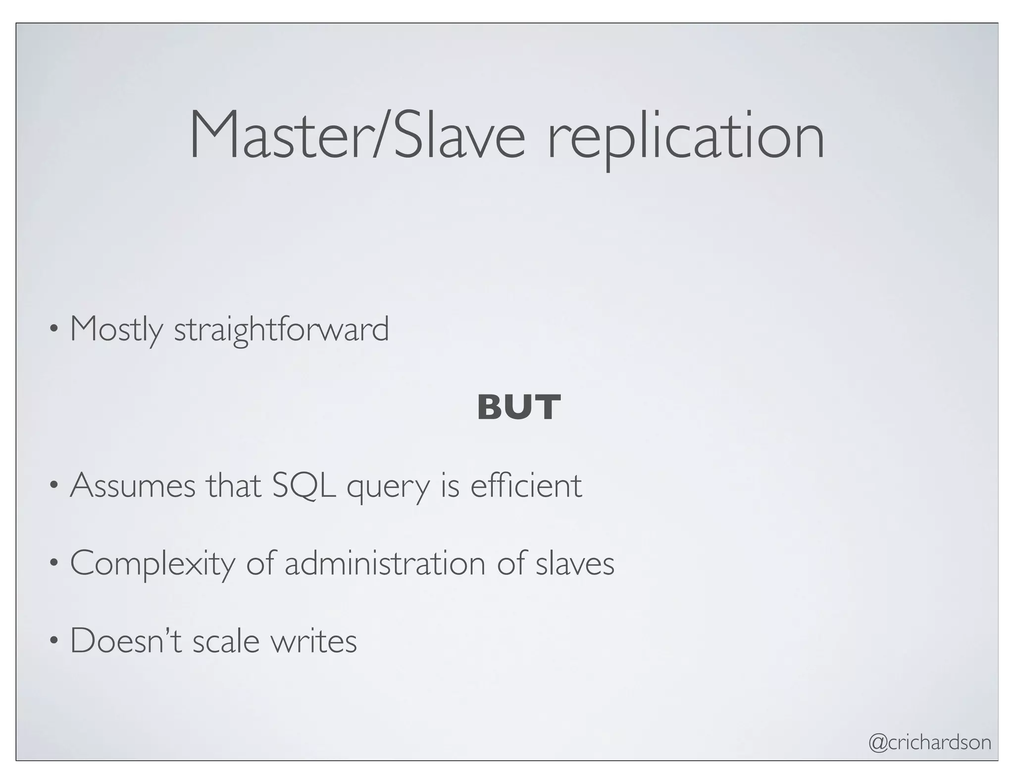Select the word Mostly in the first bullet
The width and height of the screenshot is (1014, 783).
pyautogui.click(x=116, y=329)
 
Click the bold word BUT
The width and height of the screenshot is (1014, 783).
pyautogui.click(x=518, y=408)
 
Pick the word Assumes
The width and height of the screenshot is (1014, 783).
pyautogui.click(x=133, y=486)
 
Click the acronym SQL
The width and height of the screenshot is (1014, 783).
pyautogui.click(x=304, y=486)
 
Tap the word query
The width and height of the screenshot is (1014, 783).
pyautogui.click(x=388, y=488)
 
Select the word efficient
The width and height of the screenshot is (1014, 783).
pyautogui.click(x=526, y=486)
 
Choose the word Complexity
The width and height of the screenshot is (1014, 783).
pyautogui.click(x=152, y=564)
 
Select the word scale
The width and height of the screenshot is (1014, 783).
pyautogui.click(x=226, y=642)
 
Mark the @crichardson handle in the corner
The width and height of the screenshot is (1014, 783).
pyautogui.click(x=930, y=742)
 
